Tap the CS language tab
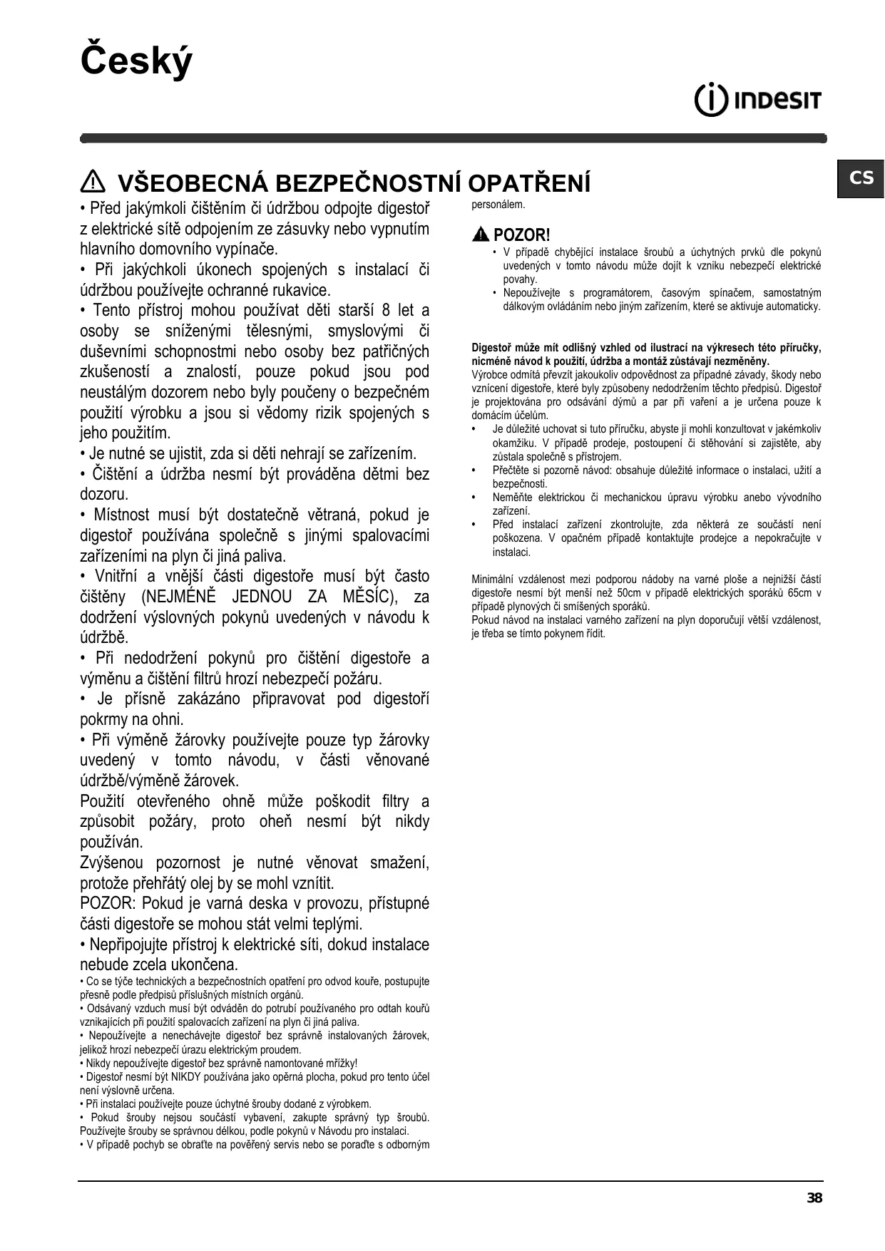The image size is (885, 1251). [861, 177]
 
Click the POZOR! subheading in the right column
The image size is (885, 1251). [521, 235]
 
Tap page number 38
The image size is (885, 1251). [814, 1198]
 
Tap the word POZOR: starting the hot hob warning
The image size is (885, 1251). [108, 904]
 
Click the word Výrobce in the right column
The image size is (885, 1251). [489, 375]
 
